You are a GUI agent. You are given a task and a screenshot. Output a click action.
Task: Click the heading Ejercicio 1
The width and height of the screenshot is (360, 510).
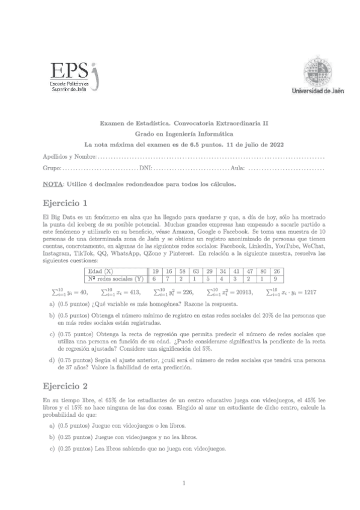[x=66, y=201]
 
